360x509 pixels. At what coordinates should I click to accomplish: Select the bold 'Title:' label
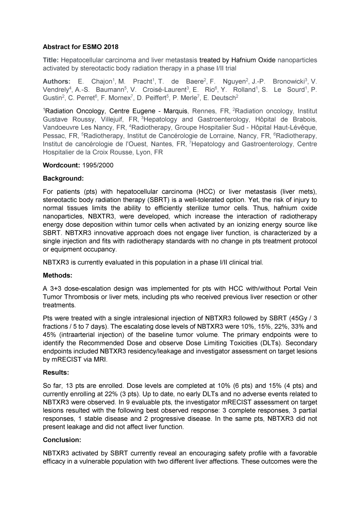[51, 59]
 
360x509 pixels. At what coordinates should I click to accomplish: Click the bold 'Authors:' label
[56, 81]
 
